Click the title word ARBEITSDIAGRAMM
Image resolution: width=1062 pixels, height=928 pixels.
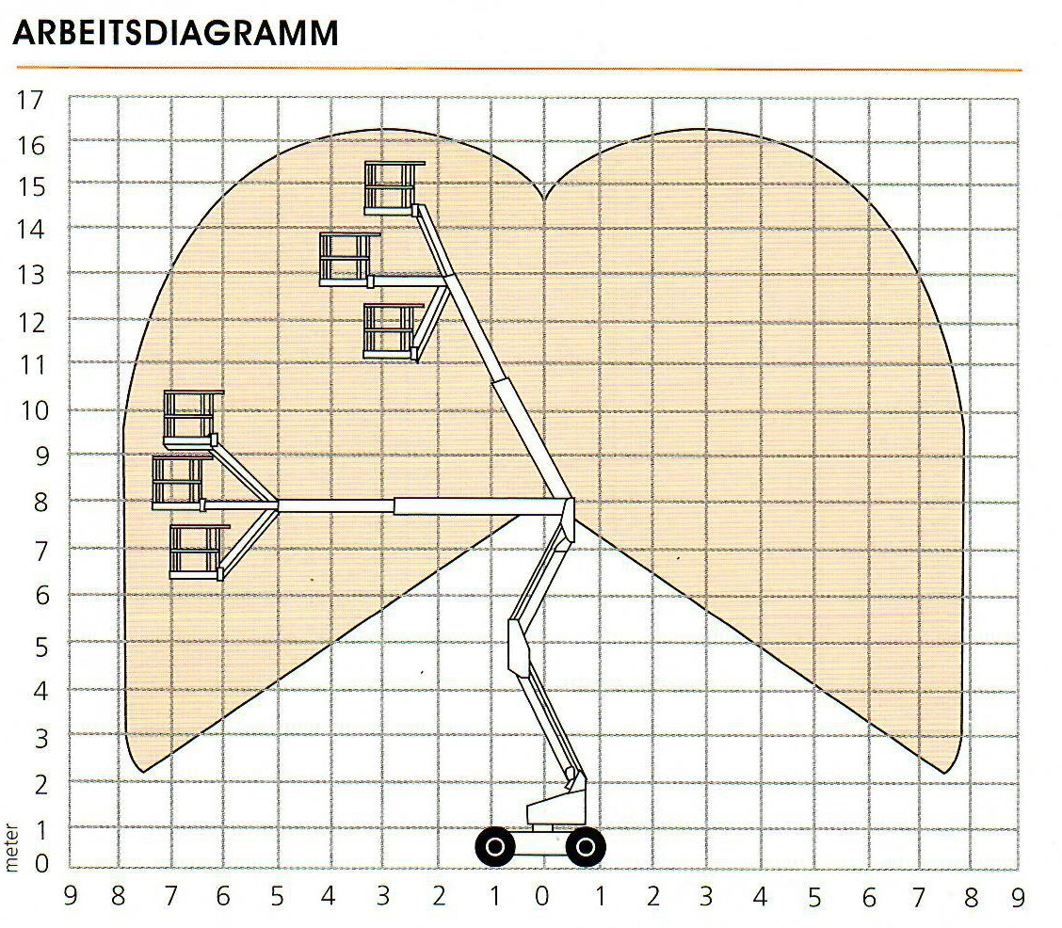175,33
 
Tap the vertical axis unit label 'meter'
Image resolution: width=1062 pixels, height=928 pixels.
11,847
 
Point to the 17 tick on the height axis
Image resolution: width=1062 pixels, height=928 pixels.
30,100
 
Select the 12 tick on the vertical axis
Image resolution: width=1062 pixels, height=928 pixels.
30,323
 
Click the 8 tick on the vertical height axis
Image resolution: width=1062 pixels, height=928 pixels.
42,503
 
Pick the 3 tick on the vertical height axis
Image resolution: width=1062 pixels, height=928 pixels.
42,738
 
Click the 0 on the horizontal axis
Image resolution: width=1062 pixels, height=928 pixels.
542,897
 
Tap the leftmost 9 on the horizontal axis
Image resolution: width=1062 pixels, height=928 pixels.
70,896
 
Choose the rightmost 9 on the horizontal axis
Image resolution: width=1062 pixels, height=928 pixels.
1018,898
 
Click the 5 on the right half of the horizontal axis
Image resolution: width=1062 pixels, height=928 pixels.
814,898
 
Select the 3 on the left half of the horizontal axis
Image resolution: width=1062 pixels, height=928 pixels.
383,896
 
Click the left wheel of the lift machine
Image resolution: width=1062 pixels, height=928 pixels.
495,846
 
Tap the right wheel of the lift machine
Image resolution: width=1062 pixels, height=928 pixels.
586,846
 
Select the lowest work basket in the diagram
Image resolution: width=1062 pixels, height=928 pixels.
197,552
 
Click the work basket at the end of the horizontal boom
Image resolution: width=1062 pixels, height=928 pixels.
178,483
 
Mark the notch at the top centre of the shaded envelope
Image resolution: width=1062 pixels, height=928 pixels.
544,199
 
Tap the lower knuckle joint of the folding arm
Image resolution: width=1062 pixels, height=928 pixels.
519,647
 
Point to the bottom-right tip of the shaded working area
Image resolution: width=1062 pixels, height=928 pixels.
944,773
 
